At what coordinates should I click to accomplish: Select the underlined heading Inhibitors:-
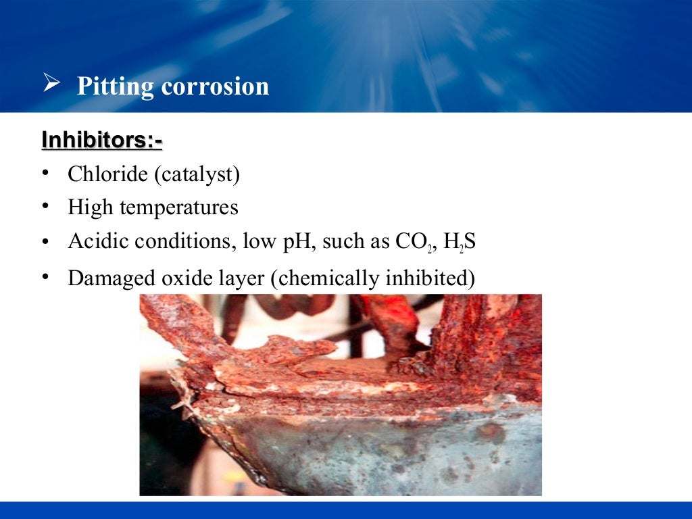pos(102,140)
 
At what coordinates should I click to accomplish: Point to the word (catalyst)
pos(197,174)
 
